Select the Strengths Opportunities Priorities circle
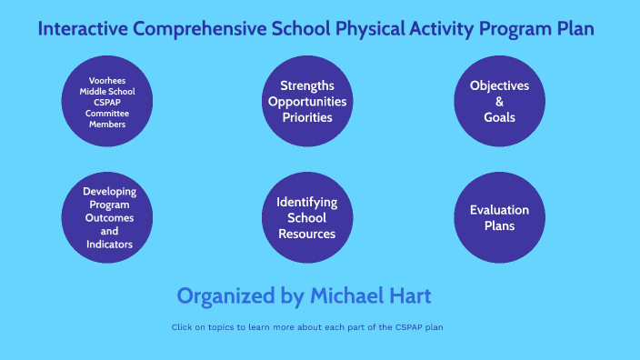coord(306,101)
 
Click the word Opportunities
coord(306,101)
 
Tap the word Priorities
coord(306,117)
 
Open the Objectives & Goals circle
coord(499,101)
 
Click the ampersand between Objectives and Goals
coord(499,101)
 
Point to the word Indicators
coord(109,245)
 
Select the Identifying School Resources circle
coord(306,218)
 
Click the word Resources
coord(306,235)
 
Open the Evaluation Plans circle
coord(499,218)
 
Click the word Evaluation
coord(499,210)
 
